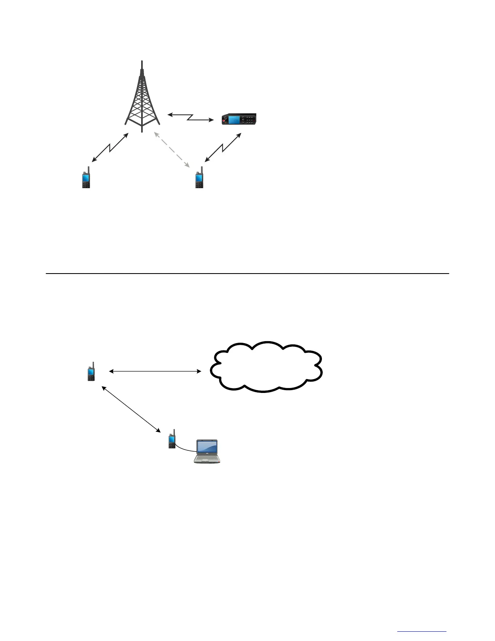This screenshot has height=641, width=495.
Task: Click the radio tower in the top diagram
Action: (142, 101)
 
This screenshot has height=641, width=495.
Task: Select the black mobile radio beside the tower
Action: (239, 119)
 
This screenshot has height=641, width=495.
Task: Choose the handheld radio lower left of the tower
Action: (86, 178)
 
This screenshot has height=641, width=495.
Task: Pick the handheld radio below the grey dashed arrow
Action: (199, 178)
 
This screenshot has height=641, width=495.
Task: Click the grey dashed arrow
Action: (172, 149)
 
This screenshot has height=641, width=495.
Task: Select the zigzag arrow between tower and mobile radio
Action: (190, 117)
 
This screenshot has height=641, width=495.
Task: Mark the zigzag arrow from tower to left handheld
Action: (110, 148)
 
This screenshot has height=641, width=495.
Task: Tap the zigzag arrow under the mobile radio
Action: (223, 148)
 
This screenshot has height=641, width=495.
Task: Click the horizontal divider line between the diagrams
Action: (247, 274)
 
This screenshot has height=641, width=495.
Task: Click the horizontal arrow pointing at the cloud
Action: (155, 371)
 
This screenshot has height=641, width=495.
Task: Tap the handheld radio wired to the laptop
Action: (172, 440)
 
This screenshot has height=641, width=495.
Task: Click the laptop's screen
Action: (207, 447)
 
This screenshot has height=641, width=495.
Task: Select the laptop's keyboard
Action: (207, 458)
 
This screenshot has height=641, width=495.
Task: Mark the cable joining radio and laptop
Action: (185, 449)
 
